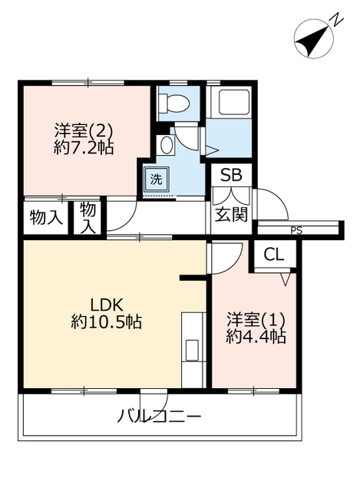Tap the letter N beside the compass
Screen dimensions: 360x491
(x=336, y=19)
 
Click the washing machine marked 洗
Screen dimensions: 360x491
(x=156, y=179)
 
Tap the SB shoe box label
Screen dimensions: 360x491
(x=232, y=176)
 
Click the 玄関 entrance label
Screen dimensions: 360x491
(x=231, y=215)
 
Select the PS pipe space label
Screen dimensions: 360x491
(x=296, y=231)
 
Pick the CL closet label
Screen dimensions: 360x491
(x=274, y=255)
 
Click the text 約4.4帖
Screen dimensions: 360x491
(x=256, y=337)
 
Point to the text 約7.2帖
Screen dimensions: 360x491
(x=84, y=147)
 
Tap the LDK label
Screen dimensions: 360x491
(x=106, y=305)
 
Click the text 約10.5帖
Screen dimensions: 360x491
(x=106, y=321)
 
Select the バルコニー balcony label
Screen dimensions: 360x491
(x=159, y=417)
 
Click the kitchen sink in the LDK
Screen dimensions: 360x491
(x=192, y=350)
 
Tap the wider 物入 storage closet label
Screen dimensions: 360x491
(x=46, y=217)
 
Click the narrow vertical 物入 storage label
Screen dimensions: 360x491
(x=88, y=218)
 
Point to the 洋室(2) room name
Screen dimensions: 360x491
(x=84, y=130)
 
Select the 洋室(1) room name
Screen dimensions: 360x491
(x=256, y=320)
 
